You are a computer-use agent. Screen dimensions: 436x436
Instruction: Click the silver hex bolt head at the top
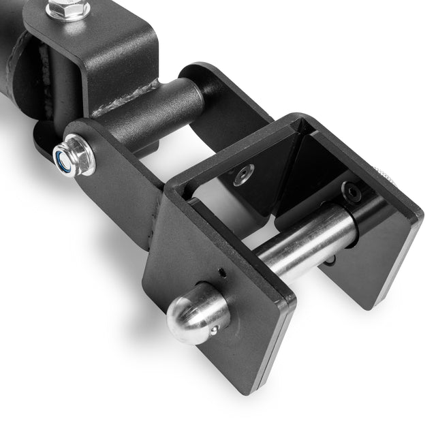point(67,9)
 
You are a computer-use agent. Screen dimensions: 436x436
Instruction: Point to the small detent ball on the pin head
point(215,330)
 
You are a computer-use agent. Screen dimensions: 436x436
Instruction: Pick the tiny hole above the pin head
point(221,274)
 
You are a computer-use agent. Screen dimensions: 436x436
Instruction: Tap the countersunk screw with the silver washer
point(243,174)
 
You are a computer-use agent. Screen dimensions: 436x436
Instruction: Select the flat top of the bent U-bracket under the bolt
point(116,27)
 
